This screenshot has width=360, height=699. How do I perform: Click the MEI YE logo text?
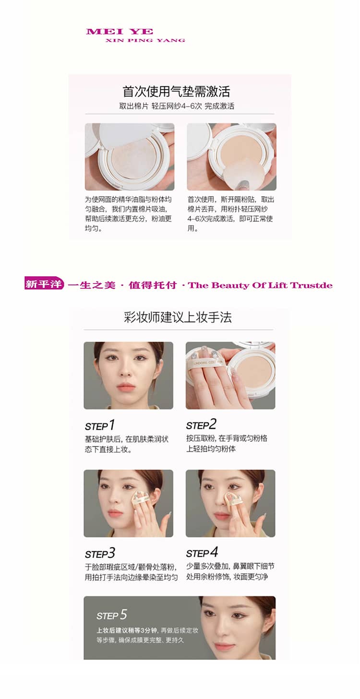[x=120, y=32]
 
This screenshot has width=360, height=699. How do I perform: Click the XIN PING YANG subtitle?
[x=145, y=40]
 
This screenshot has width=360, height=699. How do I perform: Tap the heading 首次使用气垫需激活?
[x=177, y=91]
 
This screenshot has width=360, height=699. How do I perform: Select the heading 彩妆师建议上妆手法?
[x=178, y=317]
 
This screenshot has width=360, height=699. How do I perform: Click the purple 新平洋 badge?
[x=44, y=284]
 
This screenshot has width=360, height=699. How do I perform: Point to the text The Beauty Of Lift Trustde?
[x=260, y=285]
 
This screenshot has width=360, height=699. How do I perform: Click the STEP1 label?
[x=100, y=425]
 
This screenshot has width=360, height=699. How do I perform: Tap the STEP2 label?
[x=202, y=425]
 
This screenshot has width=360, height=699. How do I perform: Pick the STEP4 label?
[x=202, y=552]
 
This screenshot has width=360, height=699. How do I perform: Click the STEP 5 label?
[x=112, y=615]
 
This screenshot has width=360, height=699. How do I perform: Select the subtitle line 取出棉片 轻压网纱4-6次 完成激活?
[x=177, y=106]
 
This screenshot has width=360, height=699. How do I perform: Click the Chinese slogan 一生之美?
[x=92, y=285]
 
